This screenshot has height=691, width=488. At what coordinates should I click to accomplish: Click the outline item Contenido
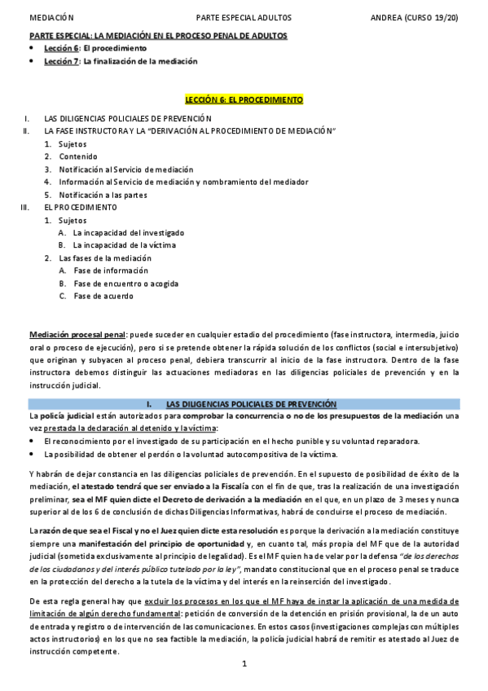[x=78, y=156]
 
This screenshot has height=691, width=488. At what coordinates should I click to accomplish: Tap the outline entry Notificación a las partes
[x=103, y=195]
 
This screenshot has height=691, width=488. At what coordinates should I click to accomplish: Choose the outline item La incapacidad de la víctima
[x=125, y=244]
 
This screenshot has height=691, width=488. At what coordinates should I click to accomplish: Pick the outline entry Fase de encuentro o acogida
[x=125, y=284]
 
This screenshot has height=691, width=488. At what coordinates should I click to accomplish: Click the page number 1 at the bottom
[x=244, y=664]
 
